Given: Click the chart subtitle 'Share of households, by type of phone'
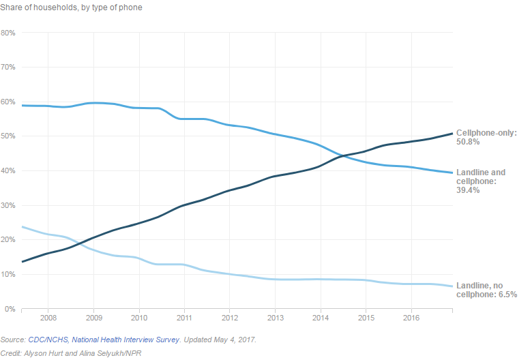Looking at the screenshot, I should coord(71,7).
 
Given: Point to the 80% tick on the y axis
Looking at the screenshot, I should coord(8,33).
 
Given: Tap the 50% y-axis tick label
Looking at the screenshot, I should coord(8,136).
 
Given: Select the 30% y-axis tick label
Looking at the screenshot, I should coord(8,205).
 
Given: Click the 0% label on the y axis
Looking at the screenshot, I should coord(10,309).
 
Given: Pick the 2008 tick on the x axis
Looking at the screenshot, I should coord(48,318).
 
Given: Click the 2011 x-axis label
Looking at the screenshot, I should coord(184,318).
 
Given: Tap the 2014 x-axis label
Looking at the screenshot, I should coord(320,318).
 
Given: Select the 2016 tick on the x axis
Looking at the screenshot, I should coord(411,318).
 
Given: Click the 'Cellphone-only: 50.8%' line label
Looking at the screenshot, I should coord(486,137).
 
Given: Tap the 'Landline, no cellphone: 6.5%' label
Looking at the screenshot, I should coord(486,290).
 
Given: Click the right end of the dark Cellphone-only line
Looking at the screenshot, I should coord(452,134).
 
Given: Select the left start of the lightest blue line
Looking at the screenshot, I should coord(23,227).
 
